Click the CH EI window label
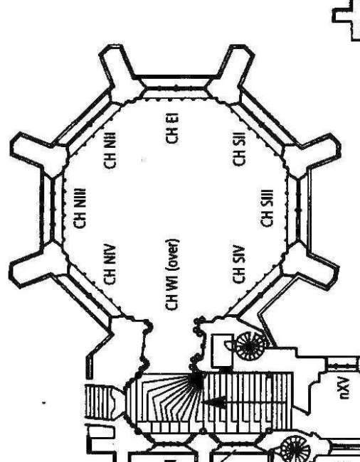(x=171, y=128)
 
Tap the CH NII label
(x=110, y=151)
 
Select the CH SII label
(x=239, y=149)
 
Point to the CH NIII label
(x=79, y=208)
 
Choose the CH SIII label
(x=268, y=208)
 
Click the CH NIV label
(x=110, y=265)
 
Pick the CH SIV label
(x=239, y=264)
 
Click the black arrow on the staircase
(x=214, y=402)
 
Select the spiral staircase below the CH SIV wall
(x=250, y=346)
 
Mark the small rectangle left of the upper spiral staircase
(x=223, y=351)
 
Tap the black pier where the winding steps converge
(x=196, y=380)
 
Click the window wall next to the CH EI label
(x=176, y=84)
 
